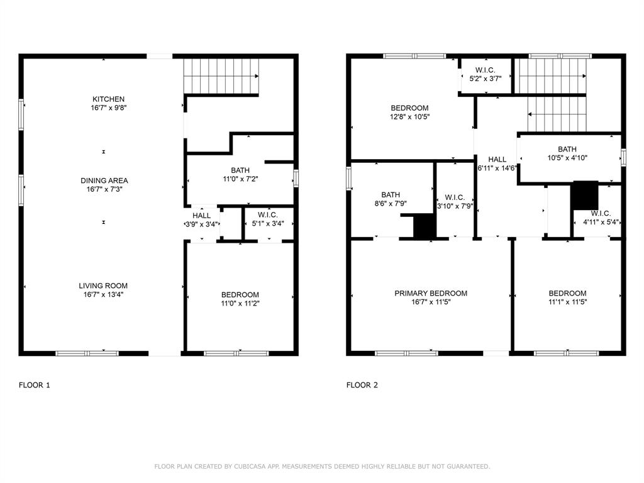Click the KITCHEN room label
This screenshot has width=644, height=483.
(x=108, y=99)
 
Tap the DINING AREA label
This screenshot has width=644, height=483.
(x=104, y=180)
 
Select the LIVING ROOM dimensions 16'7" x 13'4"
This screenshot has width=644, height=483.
(x=103, y=294)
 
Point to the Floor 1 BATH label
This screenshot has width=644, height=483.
(x=240, y=170)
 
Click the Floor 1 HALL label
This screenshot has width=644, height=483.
(x=202, y=216)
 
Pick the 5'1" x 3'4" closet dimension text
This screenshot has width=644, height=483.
(x=268, y=224)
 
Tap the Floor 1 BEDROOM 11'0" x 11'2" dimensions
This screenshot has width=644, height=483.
(x=240, y=304)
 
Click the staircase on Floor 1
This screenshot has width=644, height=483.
(x=221, y=76)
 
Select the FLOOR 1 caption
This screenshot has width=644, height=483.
(x=35, y=386)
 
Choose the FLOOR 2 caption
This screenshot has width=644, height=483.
(x=362, y=386)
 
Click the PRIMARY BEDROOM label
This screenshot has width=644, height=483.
(x=431, y=293)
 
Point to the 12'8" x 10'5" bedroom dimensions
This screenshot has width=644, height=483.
(x=410, y=116)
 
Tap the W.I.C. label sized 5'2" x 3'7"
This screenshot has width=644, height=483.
(x=486, y=70)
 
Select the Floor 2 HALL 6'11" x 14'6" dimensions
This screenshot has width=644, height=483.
(x=497, y=168)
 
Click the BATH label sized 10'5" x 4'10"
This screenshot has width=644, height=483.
(x=567, y=149)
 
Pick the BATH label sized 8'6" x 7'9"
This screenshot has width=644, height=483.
(x=391, y=195)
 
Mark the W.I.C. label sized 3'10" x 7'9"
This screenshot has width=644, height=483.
(x=455, y=197)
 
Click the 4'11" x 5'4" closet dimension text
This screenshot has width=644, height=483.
(x=601, y=222)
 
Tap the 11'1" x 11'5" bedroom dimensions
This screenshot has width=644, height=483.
(x=568, y=302)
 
